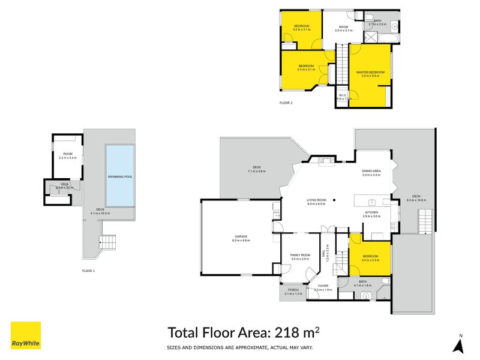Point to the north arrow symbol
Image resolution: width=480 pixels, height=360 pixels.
point(459,344)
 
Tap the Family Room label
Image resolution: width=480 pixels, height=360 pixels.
point(300,256)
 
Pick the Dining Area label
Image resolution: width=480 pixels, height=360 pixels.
point(372,171)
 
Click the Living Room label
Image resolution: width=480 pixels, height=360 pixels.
point(316,201)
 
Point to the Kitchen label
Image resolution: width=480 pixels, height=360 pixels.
point(371,213)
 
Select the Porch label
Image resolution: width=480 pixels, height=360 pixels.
point(293,290)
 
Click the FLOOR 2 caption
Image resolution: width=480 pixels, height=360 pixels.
point(286,103)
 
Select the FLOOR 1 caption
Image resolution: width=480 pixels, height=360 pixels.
point(88,271)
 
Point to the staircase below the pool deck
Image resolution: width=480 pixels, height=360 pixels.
point(109,243)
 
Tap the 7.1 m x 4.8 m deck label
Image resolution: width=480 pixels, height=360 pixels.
point(256,169)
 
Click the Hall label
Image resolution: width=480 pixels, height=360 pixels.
point(328,253)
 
